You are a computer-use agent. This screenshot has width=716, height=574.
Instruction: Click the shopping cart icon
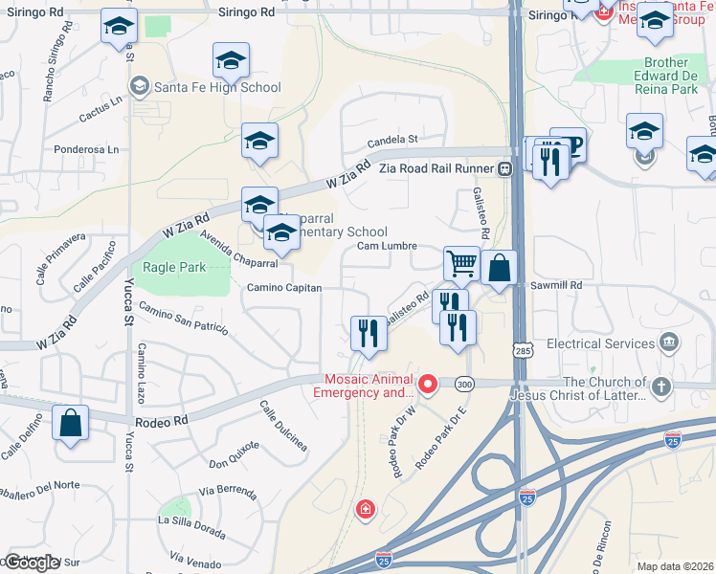[x=462, y=263]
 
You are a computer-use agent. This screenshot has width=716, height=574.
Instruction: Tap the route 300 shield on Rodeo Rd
[x=465, y=384]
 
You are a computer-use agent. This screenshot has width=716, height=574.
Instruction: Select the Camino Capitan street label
[x=284, y=287]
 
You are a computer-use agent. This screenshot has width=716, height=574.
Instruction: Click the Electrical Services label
[x=600, y=343]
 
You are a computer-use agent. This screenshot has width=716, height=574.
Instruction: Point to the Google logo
[x=32, y=563]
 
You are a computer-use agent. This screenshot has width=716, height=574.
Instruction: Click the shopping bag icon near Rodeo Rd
[x=71, y=423]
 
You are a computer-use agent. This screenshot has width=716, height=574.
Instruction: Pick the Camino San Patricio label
[x=183, y=319]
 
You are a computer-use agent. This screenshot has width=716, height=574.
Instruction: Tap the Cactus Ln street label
[x=103, y=100]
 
